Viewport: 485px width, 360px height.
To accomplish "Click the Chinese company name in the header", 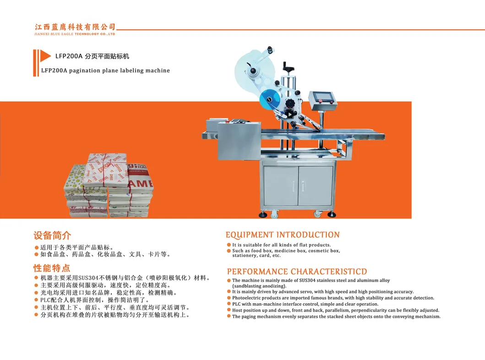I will pyautogui.click(x=75, y=27).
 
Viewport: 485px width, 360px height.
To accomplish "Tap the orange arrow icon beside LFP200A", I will pyautogui.click(x=45, y=56).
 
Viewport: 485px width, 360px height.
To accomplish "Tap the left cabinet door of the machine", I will pyautogui.click(x=281, y=185).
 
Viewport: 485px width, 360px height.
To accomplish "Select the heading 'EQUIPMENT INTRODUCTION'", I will pyautogui.click(x=283, y=235).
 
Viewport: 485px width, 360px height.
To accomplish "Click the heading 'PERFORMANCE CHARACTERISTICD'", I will pyautogui.click(x=297, y=272).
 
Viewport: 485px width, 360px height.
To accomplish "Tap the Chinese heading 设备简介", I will pyautogui.click(x=52, y=236).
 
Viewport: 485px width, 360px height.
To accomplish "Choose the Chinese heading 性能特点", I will pyautogui.click(x=52, y=268).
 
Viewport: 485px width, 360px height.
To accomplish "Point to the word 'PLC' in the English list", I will pyautogui.click(x=237, y=304).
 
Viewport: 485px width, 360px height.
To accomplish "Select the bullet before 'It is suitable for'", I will pyautogui.click(x=229, y=245).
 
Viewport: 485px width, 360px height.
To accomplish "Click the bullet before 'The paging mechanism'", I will pyautogui.click(x=229, y=316).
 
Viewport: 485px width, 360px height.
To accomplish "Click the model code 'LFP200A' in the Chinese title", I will pyautogui.click(x=69, y=56).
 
